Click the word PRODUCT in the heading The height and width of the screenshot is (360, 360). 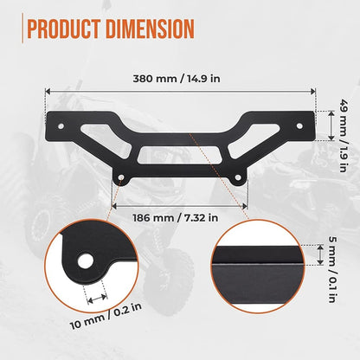click(64, 29)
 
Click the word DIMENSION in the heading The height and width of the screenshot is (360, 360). click(150, 29)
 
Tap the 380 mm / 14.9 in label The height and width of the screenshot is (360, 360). click(177, 79)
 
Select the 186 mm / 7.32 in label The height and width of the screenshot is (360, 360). click(176, 218)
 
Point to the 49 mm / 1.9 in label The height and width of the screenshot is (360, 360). click(343, 136)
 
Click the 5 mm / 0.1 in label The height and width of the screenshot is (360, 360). click(332, 269)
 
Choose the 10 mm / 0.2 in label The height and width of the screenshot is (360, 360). click(106, 316)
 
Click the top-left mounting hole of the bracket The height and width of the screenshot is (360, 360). click(61, 126)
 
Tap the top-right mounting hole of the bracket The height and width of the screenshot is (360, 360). click(299, 126)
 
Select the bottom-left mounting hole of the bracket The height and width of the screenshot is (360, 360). click(121, 177)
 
